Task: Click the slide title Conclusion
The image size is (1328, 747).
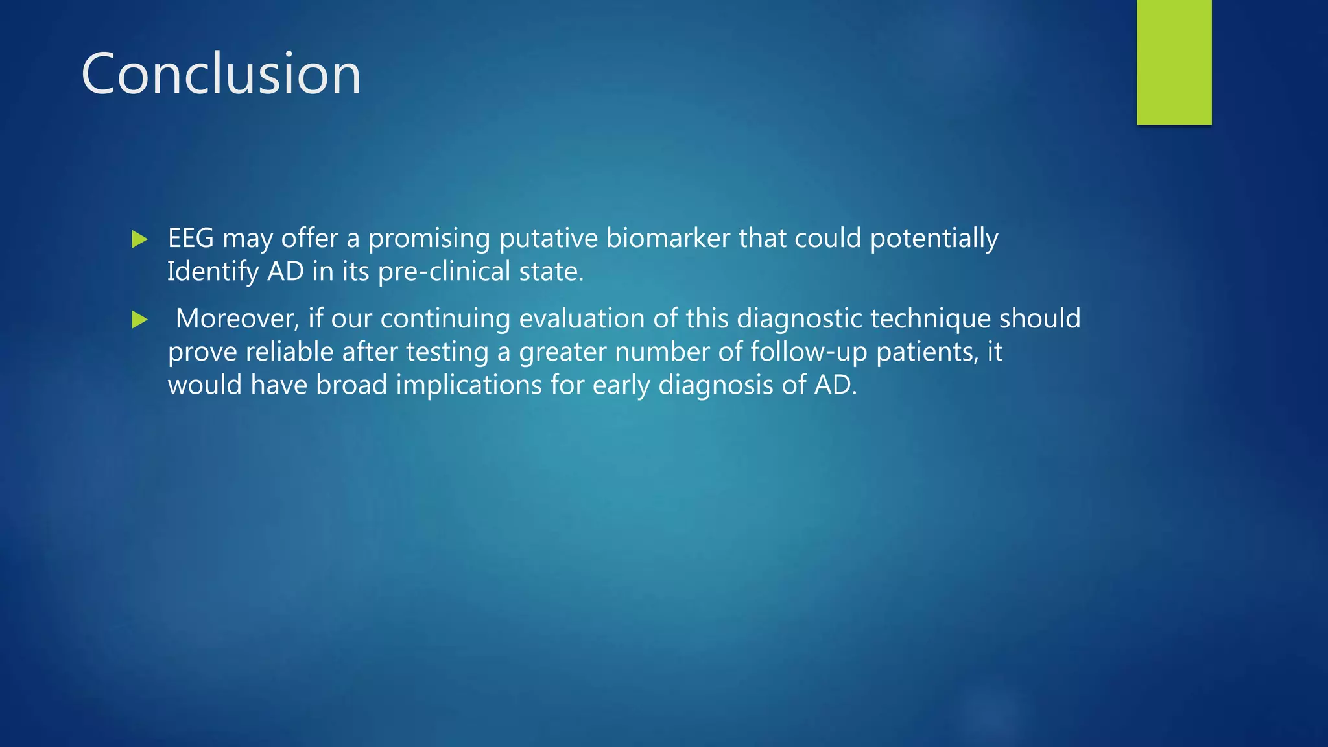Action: click(220, 74)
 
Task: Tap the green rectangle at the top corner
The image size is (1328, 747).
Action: click(1174, 62)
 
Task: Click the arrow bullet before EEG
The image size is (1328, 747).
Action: click(139, 239)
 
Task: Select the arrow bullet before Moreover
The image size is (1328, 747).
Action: click(139, 320)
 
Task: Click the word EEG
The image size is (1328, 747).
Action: click(191, 238)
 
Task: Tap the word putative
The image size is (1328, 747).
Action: click(548, 239)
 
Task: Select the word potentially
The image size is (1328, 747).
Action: click(934, 239)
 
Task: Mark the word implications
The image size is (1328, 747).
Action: click(469, 386)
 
